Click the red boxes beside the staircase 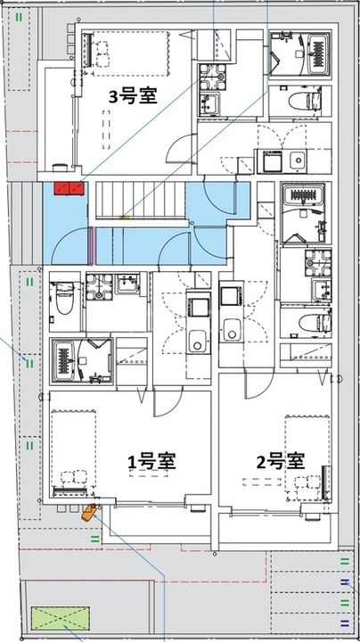coord(69,187)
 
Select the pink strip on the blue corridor coord(91,245)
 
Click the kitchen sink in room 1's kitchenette coord(198,340)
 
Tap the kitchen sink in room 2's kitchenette coord(232,329)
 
